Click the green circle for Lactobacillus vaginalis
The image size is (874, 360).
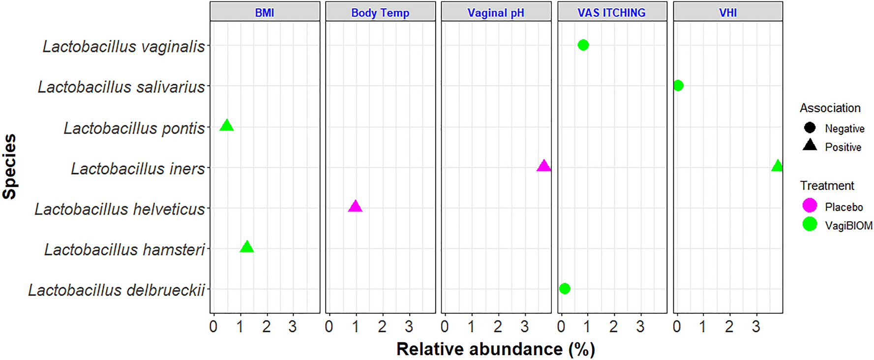583,45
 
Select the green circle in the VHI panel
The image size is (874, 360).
678,86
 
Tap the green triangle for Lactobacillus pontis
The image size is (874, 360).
226,126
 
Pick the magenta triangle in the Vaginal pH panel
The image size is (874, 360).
543,166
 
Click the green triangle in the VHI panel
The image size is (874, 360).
777,166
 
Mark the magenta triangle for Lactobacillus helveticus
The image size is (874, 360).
355,207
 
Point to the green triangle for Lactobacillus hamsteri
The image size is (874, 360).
247,247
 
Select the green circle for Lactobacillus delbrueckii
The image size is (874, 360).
565,288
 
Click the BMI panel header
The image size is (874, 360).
265,13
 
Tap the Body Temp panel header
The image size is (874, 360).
380,13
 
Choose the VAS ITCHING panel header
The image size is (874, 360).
611,13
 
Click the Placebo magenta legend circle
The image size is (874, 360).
810,206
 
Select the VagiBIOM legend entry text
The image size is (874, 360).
848,226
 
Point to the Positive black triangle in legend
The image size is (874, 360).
810,146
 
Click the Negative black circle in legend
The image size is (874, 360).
810,128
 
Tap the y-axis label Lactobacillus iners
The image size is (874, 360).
138,169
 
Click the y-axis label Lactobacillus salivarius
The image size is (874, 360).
121,87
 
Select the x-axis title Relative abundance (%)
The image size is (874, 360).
496,349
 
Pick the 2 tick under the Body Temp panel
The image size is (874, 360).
382,327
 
